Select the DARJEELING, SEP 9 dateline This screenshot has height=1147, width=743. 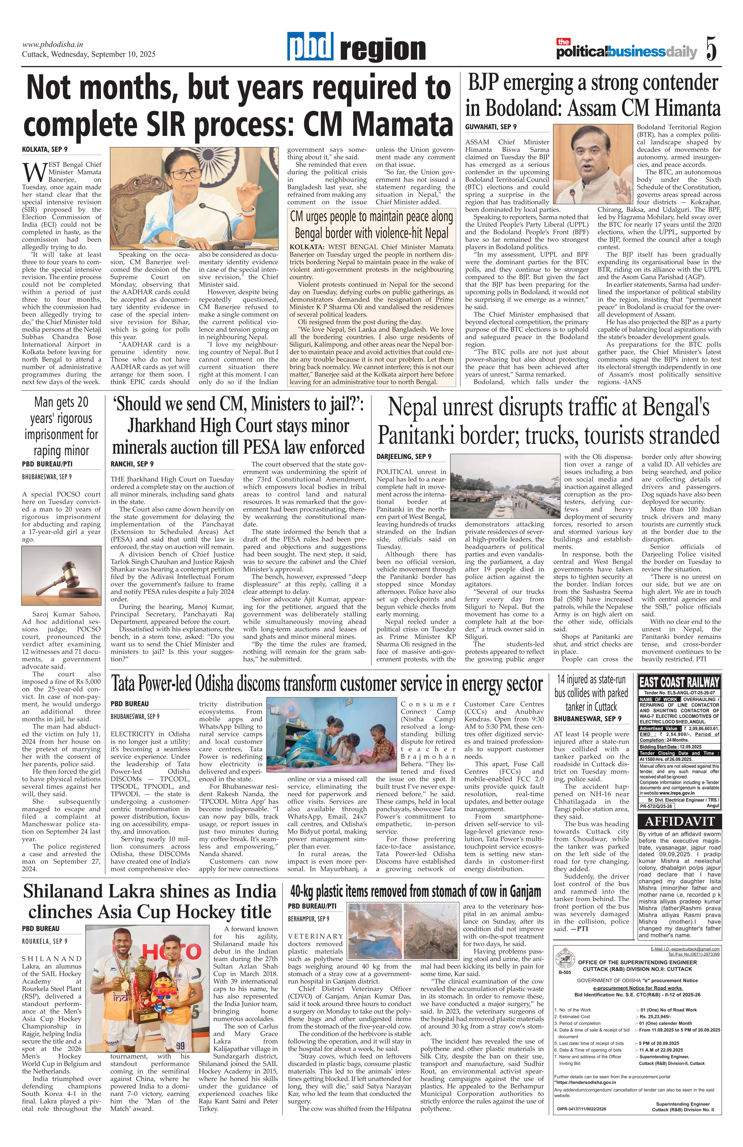point(404,456)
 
